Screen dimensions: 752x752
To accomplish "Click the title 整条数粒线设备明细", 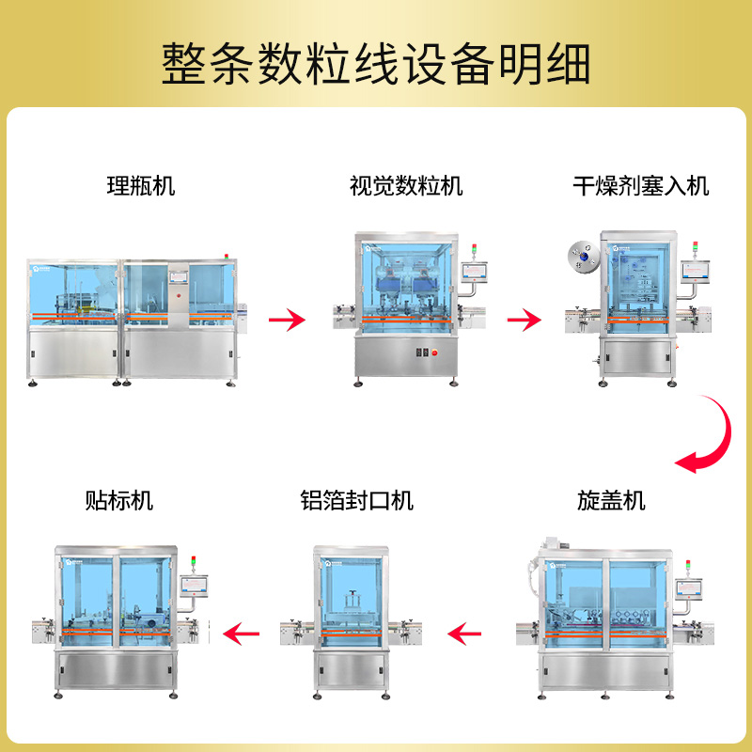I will pos(376,64).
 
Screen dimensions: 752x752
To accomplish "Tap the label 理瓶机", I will pos(141,185).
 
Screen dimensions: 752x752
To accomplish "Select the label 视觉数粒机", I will pos(406,185).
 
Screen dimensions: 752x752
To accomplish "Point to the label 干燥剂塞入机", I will pos(641,185).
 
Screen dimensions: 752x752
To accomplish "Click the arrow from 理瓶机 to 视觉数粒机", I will pos(287,321).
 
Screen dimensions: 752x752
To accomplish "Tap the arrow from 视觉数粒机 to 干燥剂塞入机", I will pos(525,321).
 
